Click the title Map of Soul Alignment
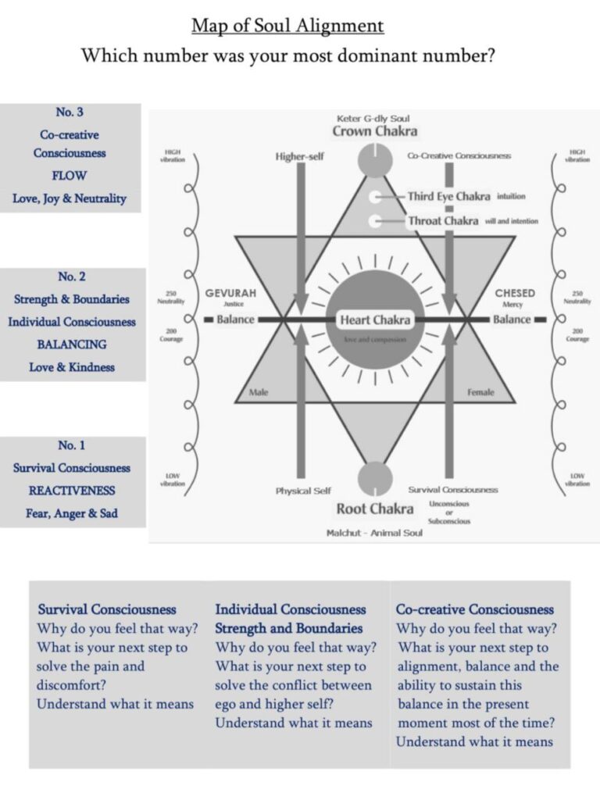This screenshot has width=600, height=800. [x=287, y=26]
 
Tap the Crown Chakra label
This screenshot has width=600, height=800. [x=374, y=131]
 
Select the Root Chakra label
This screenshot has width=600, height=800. [x=375, y=509]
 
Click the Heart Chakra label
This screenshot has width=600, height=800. [x=375, y=320]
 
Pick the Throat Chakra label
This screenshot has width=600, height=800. [x=443, y=221]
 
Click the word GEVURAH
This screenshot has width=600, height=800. [x=230, y=293]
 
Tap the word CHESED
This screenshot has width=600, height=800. [x=515, y=293]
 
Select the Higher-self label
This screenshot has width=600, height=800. [x=299, y=156]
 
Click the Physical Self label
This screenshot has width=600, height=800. [x=303, y=491]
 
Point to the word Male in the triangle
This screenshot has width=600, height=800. [x=259, y=392]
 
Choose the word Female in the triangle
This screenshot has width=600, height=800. [x=480, y=392]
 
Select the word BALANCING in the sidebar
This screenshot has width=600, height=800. [x=72, y=344]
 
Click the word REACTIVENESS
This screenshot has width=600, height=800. [x=72, y=491]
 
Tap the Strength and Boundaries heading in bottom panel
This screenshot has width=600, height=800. [x=289, y=628]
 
